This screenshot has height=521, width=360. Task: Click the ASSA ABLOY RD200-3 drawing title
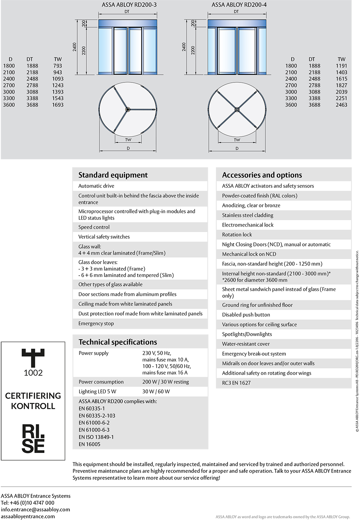click(x=129, y=5)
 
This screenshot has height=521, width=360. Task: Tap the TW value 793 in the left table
click(x=58, y=66)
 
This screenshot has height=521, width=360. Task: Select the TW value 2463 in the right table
click(x=341, y=105)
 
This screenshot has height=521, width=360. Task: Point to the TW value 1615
click(x=341, y=79)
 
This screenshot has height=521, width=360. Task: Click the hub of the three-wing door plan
click(x=127, y=109)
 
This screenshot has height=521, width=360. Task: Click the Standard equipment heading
click(x=113, y=175)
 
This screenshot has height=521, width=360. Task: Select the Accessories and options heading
click(x=262, y=175)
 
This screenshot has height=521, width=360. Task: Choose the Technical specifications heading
click(x=118, y=342)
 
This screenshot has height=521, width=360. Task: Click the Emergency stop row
click(x=96, y=323)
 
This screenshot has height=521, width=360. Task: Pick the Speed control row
click(x=94, y=227)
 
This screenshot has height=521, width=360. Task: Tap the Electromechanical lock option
click(x=248, y=225)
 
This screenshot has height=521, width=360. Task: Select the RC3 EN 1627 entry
click(x=236, y=383)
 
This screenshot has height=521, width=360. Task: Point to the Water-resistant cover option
click(x=246, y=344)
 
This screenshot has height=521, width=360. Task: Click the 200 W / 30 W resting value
click(x=166, y=382)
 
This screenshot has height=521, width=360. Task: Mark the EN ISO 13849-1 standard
click(x=96, y=437)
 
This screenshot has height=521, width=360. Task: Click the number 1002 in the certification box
click(x=33, y=373)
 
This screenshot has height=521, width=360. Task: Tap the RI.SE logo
click(x=33, y=438)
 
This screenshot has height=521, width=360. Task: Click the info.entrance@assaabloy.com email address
click(x=35, y=509)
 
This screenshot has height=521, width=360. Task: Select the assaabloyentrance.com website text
click(x=28, y=516)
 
